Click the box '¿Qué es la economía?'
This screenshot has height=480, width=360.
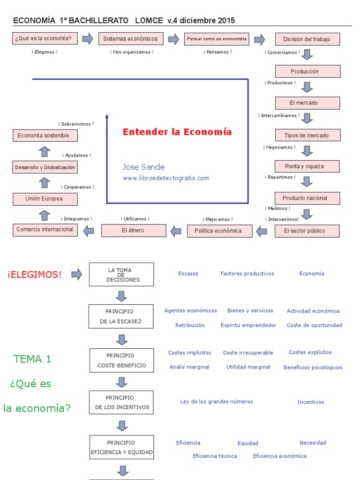(45, 38)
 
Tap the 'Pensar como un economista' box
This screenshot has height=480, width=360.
(217, 39)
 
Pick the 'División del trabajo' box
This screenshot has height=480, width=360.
(307, 39)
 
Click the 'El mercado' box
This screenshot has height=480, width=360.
(307, 103)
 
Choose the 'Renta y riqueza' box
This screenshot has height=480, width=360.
(307, 166)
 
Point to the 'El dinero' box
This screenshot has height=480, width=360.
(134, 231)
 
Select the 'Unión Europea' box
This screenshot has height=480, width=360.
(45, 199)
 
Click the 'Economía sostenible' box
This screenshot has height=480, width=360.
(45, 135)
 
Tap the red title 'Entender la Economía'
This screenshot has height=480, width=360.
(177, 132)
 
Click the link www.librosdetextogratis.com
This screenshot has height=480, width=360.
(166, 178)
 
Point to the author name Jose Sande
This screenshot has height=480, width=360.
(143, 167)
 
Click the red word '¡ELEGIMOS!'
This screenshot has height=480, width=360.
(35, 275)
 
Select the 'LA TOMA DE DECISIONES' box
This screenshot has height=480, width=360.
(121, 275)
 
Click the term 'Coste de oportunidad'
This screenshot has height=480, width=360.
(315, 325)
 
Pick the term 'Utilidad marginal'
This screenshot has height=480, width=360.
(248, 367)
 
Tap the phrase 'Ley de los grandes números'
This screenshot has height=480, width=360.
(217, 402)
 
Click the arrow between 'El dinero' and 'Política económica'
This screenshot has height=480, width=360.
(176, 231)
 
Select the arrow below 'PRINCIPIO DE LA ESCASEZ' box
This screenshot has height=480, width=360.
(122, 340)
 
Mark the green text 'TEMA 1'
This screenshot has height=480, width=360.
(32, 359)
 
